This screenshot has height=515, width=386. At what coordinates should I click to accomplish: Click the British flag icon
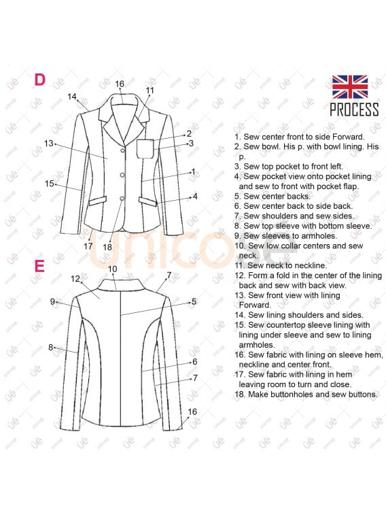350,86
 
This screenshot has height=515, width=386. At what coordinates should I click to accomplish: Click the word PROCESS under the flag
354,110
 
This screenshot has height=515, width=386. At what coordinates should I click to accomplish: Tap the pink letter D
40,80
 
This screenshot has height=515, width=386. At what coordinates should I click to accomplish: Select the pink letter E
39,265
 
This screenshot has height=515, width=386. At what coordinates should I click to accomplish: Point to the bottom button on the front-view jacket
123,199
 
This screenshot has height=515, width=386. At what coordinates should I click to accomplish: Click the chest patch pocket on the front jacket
145,148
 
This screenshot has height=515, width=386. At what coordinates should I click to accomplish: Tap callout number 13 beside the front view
49,144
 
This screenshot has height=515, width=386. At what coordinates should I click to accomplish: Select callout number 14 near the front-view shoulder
73,97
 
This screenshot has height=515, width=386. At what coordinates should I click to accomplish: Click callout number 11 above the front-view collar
150,90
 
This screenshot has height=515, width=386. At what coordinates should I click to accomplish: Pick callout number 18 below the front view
107,247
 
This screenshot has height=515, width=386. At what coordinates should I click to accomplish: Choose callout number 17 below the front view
88,246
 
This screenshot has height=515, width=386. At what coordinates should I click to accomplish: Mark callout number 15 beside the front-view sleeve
50,183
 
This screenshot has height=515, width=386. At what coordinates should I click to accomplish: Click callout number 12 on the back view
76,278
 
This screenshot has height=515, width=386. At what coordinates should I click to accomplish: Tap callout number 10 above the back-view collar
113,269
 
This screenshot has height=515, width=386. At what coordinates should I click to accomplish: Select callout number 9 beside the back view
52,301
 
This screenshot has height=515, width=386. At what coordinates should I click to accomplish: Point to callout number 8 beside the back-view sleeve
50,347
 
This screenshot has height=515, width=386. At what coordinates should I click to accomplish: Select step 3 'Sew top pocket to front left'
289,166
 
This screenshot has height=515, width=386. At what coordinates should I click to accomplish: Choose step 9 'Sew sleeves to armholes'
284,235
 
